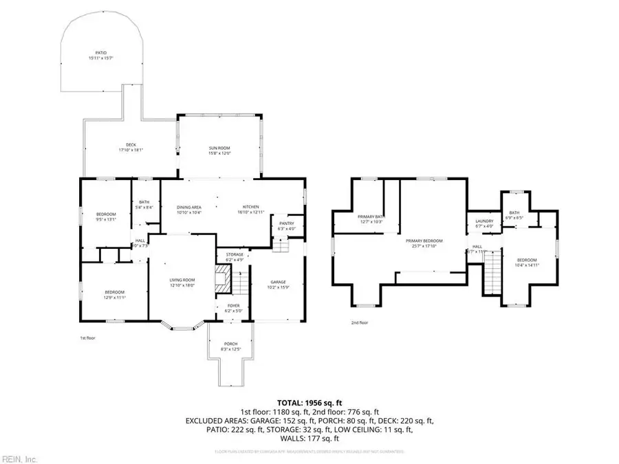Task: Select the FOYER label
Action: (x=232, y=308)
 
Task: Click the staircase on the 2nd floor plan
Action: (x=492, y=274)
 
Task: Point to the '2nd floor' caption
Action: (x=360, y=322)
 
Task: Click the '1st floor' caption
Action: (x=87, y=338)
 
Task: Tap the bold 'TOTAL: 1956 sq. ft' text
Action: (x=309, y=402)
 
